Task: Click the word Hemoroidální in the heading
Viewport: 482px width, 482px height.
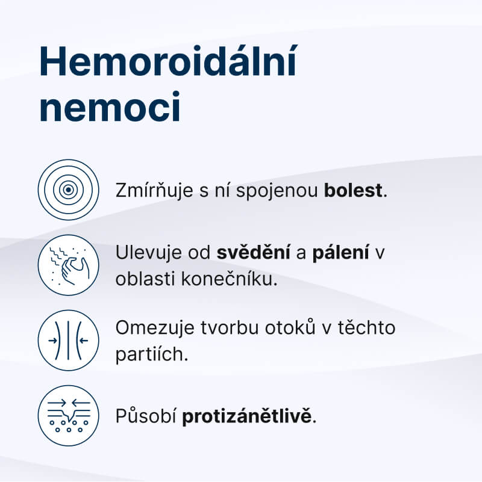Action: pos(168,62)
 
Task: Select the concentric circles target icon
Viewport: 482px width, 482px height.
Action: pos(68,190)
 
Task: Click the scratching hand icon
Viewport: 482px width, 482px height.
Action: pos(68,265)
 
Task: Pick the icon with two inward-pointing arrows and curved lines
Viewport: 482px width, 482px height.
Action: pos(68,340)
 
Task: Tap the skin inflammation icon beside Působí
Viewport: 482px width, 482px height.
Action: pos(68,415)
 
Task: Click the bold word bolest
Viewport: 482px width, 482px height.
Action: pos(353,191)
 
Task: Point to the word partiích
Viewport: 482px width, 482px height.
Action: pos(152,354)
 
